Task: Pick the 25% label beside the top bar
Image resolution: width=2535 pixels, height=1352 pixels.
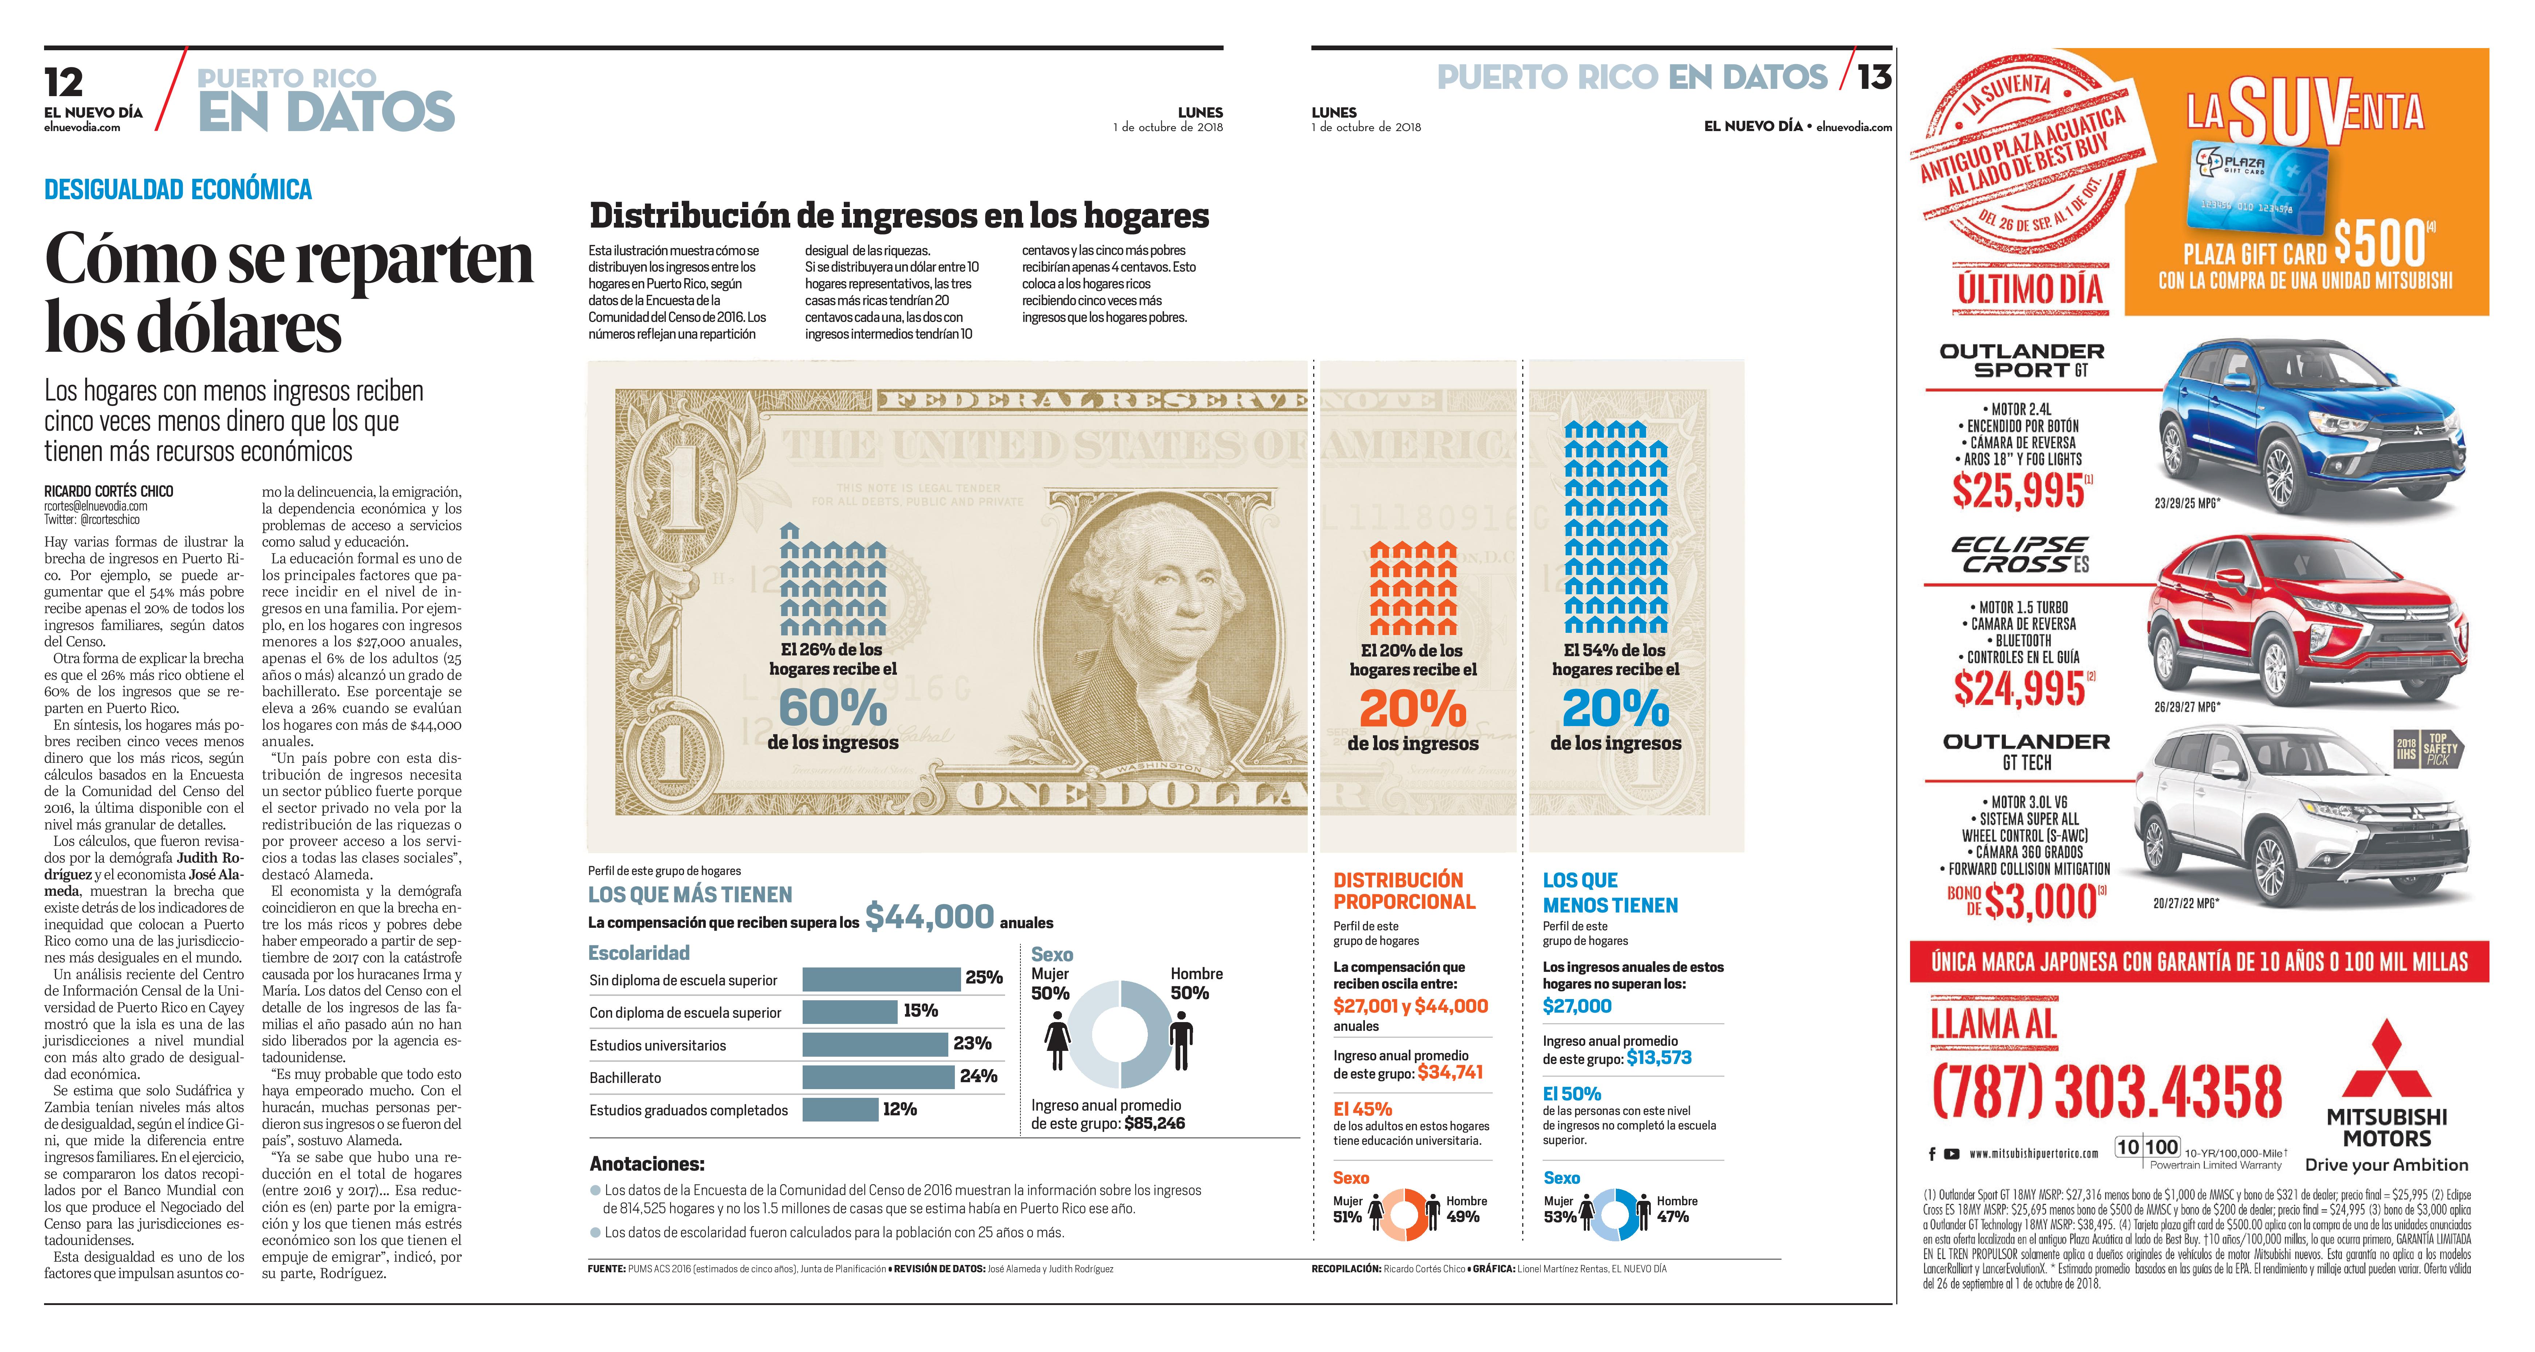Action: pyautogui.click(x=983, y=977)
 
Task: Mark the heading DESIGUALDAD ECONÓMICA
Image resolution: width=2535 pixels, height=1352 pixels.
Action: pyautogui.click(x=178, y=189)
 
